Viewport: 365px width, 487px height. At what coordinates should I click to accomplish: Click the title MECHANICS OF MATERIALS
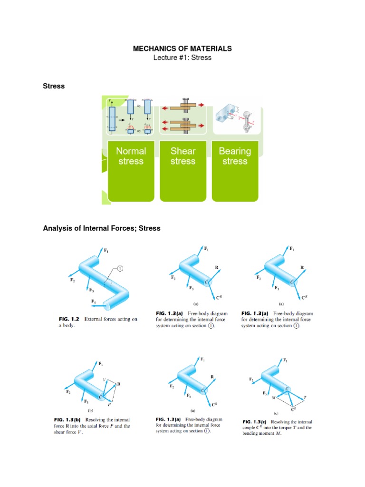182,49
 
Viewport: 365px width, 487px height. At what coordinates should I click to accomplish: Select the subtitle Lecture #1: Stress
182,58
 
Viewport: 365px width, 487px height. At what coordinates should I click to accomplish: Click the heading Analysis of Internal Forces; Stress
102,228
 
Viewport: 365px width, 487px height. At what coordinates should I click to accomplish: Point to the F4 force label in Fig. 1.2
94,301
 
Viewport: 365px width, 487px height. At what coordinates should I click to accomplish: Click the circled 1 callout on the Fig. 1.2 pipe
120,269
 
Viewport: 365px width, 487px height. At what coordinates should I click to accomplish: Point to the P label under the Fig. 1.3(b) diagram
109,405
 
